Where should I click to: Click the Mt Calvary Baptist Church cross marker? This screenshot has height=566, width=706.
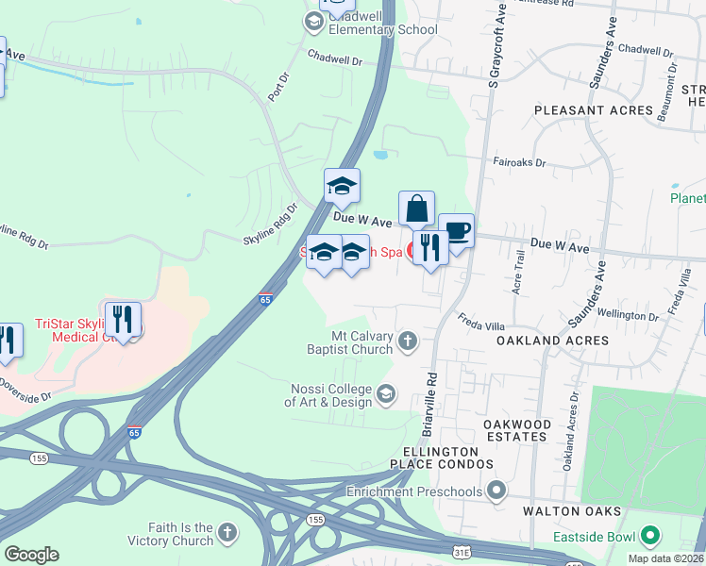coord(408,341)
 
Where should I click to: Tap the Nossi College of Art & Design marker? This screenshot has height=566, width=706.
coord(386,393)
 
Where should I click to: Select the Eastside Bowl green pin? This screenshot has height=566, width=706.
coord(648,537)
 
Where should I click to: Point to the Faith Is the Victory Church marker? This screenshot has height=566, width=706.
coord(226,534)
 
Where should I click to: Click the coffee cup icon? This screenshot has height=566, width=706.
coord(457,230)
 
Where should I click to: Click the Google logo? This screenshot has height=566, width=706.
coord(31,555)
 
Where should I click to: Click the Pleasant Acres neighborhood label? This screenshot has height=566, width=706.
coord(594,110)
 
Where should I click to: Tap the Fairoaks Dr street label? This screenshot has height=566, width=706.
coord(519,162)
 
